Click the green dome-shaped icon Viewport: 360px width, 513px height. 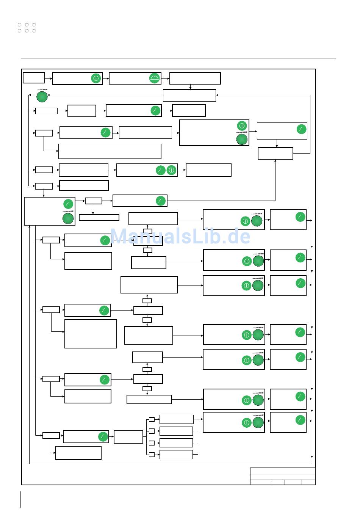tap(155, 78)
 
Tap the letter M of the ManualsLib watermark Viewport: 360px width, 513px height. tap(120, 236)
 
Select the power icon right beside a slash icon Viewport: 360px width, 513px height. tap(171, 170)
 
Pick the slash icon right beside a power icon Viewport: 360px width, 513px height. tap(161, 170)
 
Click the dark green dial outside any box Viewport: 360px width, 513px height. tap(42, 97)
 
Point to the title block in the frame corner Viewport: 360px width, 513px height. tap(283, 476)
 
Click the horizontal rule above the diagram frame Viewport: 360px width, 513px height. tap(178, 58)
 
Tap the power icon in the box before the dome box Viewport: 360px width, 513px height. tap(96, 78)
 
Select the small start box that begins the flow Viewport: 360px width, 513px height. tap(34, 77)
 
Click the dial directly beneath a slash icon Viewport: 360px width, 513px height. tap(68, 218)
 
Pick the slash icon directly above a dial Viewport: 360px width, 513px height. tap(68, 204)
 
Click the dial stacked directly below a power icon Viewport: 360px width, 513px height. tap(242, 140)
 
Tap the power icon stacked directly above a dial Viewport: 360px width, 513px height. tap(242, 126)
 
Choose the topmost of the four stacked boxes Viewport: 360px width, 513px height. tap(176, 419)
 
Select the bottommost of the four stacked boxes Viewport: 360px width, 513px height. tap(176, 454)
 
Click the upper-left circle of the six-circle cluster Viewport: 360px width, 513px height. tap(19, 25)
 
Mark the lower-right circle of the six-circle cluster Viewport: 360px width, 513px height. tap(34, 31)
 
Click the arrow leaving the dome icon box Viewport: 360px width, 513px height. tap(165, 78)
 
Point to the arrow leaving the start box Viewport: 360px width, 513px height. tap(49, 78)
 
